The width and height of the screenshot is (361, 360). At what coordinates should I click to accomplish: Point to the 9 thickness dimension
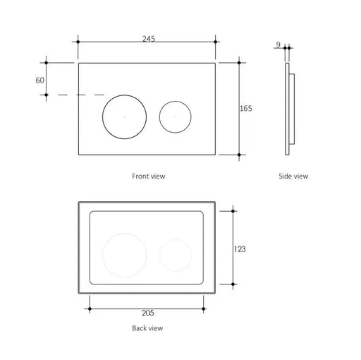tap(279, 44)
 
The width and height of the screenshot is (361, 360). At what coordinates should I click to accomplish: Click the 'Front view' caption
tap(148, 176)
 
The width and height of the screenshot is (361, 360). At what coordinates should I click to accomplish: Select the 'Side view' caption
tap(293, 176)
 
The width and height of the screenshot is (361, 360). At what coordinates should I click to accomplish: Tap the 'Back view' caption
tap(148, 328)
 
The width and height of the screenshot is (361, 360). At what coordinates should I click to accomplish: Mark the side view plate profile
tap(288, 109)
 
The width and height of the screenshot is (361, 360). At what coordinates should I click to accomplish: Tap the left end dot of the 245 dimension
tap(77, 42)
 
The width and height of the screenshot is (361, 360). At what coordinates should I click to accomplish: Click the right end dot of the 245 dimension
tap(216, 42)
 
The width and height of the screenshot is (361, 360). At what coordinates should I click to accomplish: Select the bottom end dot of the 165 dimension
tap(240, 154)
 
